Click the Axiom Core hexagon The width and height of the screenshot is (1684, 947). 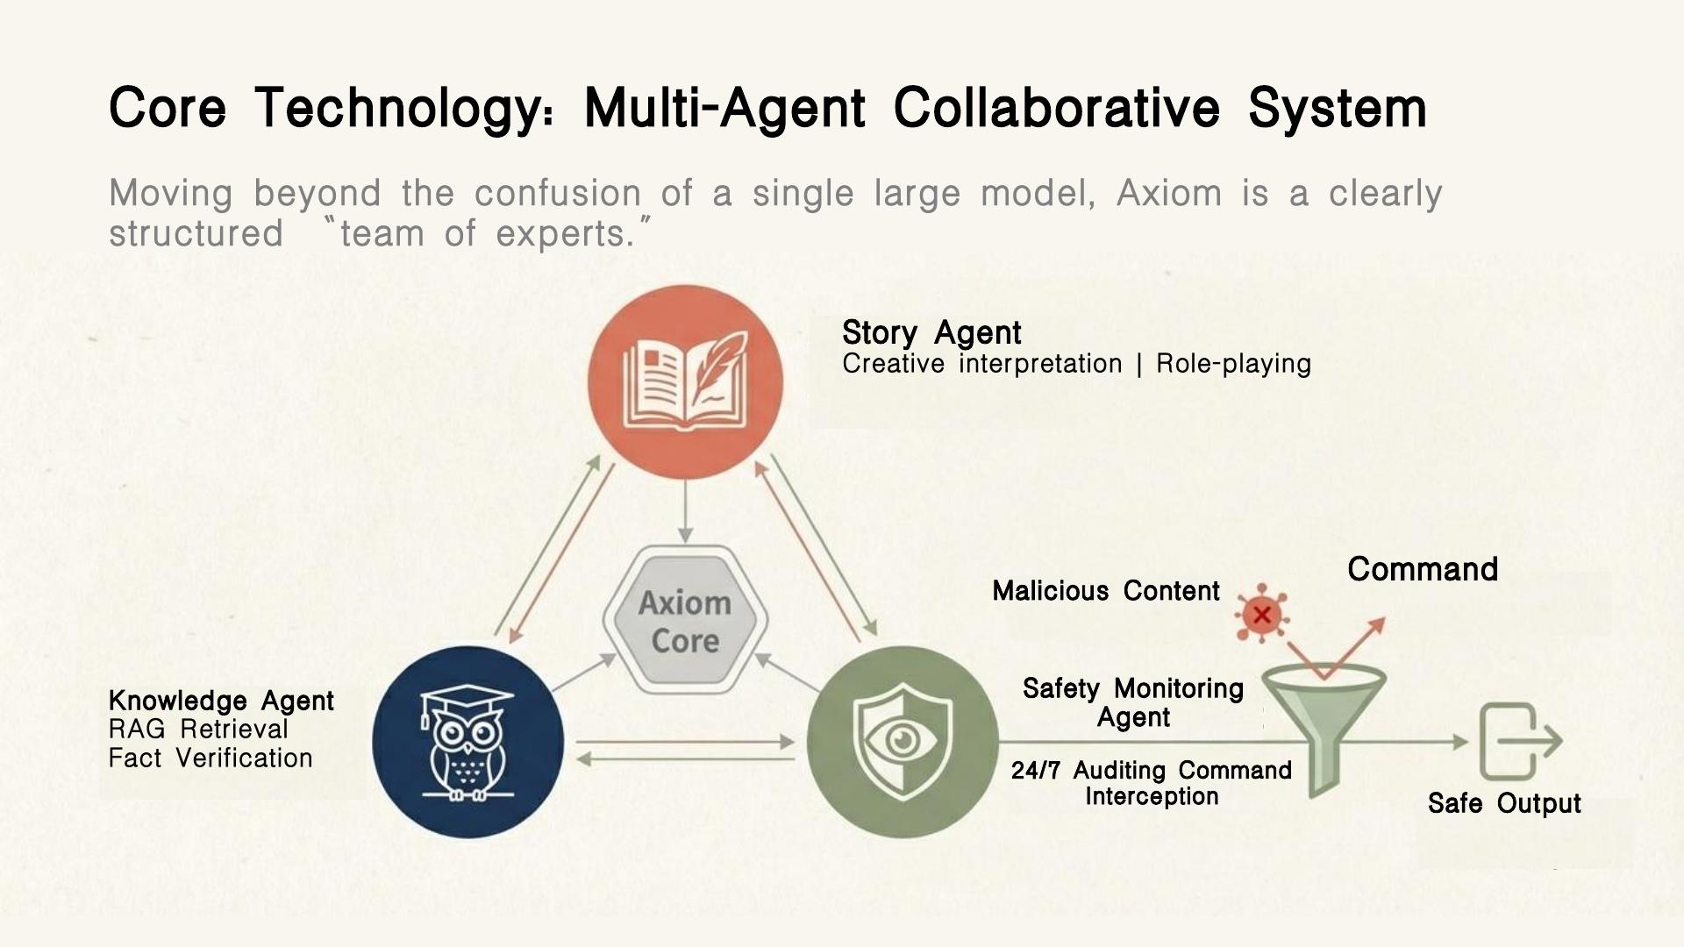pos(685,621)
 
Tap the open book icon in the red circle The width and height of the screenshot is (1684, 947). pos(685,382)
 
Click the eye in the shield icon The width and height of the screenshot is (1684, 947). pos(902,741)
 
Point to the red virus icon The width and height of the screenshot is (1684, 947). pos(1261,614)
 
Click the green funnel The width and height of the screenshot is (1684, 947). pos(1324,728)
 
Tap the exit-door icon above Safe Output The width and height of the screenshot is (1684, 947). pos(1520,742)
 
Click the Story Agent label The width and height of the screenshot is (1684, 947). pos(931,333)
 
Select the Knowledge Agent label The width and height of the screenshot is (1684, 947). pos(221,701)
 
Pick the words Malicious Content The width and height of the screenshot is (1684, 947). pos(1106,591)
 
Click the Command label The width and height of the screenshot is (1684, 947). pos(1423,569)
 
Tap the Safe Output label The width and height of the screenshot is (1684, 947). pos(1504,803)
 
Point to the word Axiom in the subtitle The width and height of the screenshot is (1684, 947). pos(1169,193)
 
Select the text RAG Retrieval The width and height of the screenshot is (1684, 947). pos(198,730)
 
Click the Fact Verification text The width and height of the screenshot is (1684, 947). pos(210,758)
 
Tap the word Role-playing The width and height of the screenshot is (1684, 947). pos(1233,364)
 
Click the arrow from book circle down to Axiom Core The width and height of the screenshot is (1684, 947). pos(686,512)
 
